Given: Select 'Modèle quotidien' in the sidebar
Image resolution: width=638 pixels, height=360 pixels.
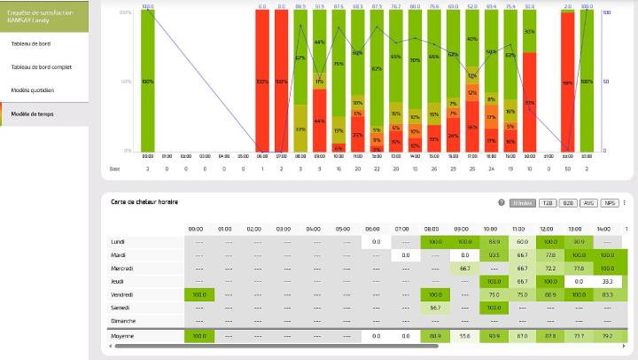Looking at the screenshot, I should [x=32, y=90].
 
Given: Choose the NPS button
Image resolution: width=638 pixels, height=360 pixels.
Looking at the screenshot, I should [x=610, y=203].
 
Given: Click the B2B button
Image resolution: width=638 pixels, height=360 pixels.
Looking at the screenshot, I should [x=568, y=203].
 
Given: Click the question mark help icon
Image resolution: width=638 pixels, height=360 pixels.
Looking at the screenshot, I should [x=502, y=203].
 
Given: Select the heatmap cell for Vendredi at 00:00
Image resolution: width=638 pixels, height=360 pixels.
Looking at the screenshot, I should [x=198, y=293].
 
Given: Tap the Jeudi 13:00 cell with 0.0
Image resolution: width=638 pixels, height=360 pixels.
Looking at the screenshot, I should [x=579, y=280].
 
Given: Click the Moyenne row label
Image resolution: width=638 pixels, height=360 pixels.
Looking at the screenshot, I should [x=122, y=336].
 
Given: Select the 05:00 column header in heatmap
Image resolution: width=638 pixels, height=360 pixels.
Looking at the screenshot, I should [x=342, y=229].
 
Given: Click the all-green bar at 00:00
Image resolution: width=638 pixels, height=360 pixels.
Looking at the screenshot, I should [x=147, y=82].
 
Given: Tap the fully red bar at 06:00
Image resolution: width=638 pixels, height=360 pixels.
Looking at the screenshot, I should [x=262, y=82].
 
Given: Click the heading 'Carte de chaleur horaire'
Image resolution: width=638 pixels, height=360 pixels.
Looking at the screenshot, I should [x=144, y=203].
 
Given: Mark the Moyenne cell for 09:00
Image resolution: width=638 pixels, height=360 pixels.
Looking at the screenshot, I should [x=464, y=336].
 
